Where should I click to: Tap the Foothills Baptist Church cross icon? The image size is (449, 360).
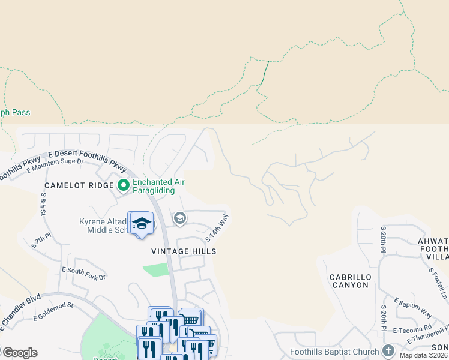point(388,350)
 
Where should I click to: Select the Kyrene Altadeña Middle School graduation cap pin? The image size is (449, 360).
point(141,224)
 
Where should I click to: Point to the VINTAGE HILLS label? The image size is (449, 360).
point(184,251)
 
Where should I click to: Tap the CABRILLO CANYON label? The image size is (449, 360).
point(349,281)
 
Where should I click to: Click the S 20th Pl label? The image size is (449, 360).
point(382,239)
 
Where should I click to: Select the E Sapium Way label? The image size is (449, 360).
point(413,308)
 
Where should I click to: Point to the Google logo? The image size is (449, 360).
point(19,353)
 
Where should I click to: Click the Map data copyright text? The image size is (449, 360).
point(424,355)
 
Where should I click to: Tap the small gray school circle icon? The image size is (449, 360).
point(179,219)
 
